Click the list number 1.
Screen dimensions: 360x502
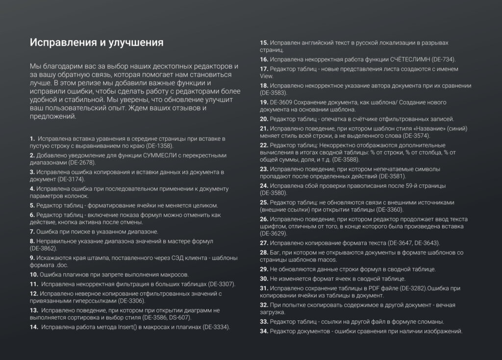pos(32,139)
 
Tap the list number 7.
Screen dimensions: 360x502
pos(32,231)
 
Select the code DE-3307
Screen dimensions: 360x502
pos(221,284)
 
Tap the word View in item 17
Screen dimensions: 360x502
pos(266,76)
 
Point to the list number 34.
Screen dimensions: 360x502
pos(264,331)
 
